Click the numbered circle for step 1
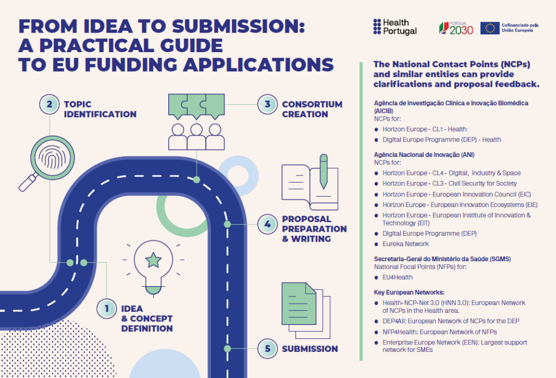(106, 308)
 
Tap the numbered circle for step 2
(49, 104)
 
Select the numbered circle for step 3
(267, 104)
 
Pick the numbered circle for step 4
(267, 224)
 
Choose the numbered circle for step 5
(267, 349)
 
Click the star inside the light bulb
(154, 260)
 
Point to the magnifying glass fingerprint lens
(53, 158)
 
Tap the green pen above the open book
(324, 171)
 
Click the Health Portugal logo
(395, 27)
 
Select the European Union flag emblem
(490, 28)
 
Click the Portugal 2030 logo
(456, 28)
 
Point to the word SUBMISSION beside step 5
(310, 349)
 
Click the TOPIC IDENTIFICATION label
(100, 109)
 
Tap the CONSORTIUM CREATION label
(312, 109)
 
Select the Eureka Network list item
(405, 244)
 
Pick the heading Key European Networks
(409, 293)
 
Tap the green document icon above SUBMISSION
(299, 304)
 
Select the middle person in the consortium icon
(197, 136)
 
